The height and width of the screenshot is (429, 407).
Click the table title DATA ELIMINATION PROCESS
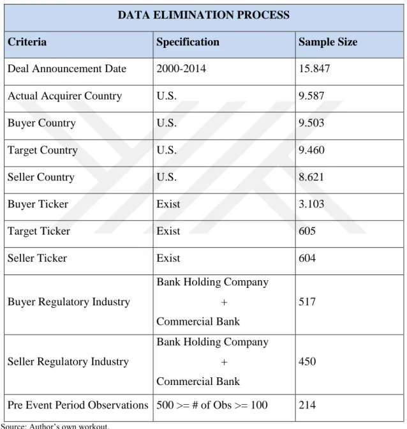point(204,15)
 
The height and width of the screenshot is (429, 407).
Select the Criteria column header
point(27,42)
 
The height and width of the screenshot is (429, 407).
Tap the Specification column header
point(188,42)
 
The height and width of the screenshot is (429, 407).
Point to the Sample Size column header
point(328,42)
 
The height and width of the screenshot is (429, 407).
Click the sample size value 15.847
point(314,68)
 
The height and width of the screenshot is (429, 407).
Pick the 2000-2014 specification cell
point(181,68)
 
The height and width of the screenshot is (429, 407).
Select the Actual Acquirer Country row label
point(65,96)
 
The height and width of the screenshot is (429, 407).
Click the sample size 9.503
point(311,123)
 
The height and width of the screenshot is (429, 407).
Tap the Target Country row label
point(43,150)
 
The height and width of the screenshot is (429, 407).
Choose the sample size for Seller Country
point(311,177)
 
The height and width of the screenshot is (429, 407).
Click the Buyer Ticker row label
point(38,204)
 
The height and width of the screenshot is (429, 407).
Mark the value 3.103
point(311,204)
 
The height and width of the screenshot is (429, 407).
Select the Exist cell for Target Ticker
point(168,231)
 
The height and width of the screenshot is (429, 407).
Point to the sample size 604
point(307,258)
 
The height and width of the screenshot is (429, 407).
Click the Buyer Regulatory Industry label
point(69,302)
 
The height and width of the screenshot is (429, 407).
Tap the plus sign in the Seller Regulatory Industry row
point(224,362)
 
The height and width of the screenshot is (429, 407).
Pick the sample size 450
point(307,361)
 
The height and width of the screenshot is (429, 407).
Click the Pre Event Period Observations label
point(78,405)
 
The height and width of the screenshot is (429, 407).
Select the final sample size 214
point(307,405)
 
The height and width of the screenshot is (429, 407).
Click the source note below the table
point(55,426)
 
